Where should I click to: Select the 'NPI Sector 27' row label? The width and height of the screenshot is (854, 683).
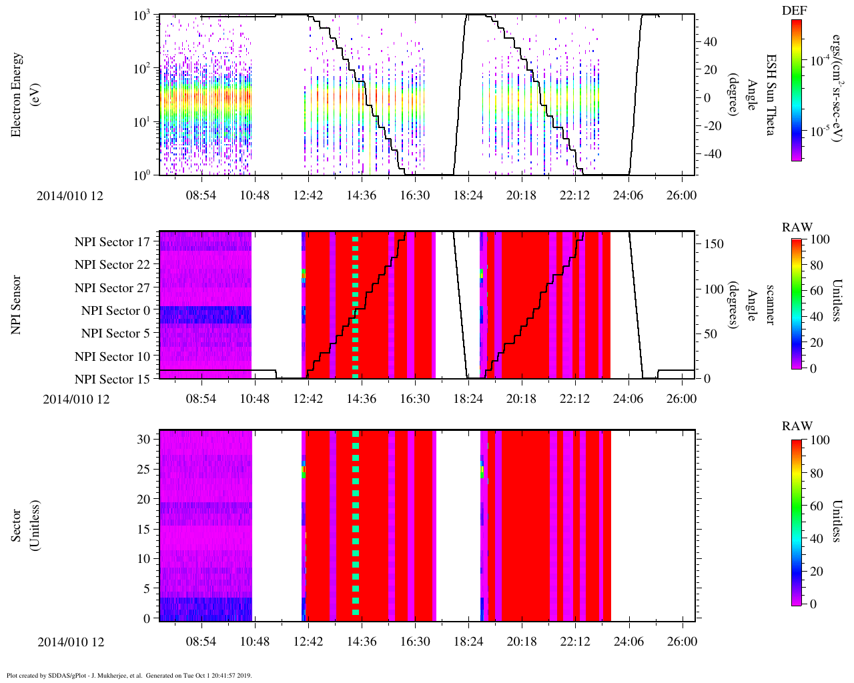coord(113,288)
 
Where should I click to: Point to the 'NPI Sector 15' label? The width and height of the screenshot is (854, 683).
coord(113,380)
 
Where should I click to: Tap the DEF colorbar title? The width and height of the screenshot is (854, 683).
coord(795,10)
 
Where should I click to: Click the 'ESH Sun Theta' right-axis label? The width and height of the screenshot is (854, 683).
coord(771,95)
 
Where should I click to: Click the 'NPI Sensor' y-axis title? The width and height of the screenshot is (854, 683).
coord(17,305)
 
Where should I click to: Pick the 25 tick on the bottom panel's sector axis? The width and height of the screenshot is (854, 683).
coord(144,470)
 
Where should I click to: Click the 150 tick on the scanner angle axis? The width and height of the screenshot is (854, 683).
coord(715,244)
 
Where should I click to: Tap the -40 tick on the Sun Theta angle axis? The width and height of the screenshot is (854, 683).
coord(710,154)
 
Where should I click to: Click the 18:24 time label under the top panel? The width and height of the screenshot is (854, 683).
coord(468,195)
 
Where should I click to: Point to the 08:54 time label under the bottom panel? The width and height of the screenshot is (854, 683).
coord(201,642)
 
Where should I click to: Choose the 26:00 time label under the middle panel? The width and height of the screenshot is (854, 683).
coord(681,399)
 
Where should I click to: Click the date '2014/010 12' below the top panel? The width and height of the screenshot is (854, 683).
coord(70,196)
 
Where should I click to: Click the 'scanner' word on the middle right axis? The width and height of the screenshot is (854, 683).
coord(771,305)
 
